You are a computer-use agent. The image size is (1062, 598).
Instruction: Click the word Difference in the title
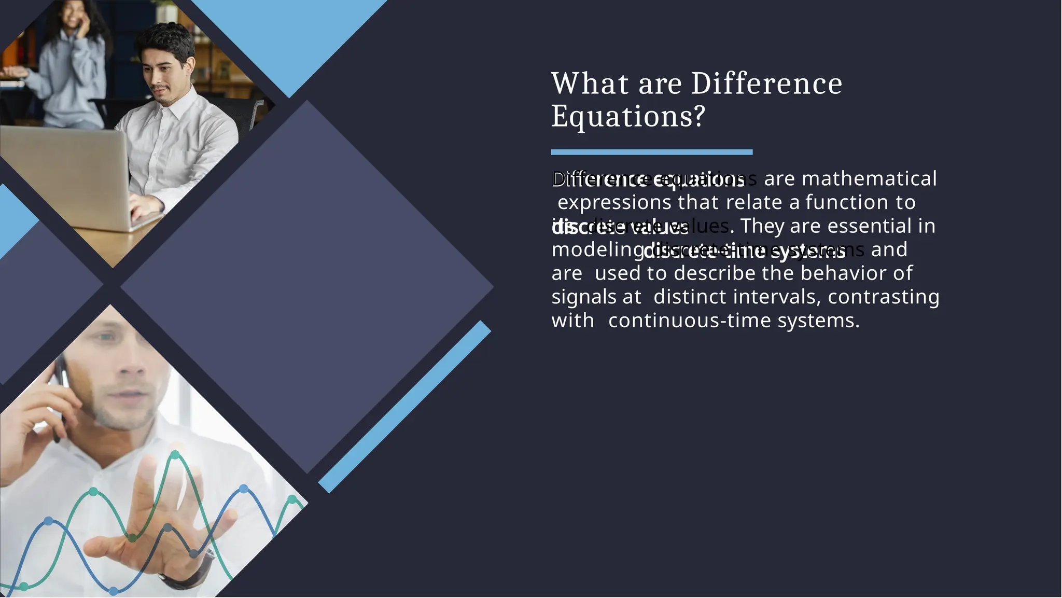[766, 84]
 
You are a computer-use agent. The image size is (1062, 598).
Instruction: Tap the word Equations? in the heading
[628, 116]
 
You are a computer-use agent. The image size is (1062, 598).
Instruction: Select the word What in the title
[590, 84]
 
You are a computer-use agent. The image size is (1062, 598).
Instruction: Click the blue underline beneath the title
[651, 152]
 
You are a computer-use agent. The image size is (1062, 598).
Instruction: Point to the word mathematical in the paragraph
[869, 179]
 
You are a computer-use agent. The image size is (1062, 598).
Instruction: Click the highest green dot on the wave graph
[175, 455]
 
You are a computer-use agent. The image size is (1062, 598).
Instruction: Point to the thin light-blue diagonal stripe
[404, 407]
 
